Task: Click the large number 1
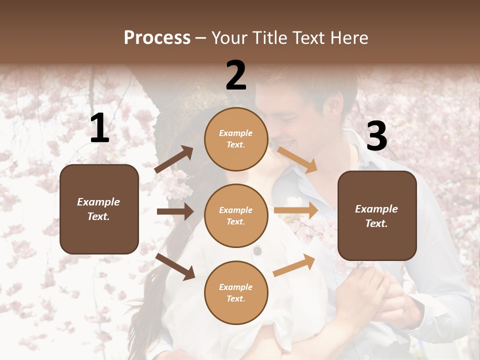(x=99, y=128)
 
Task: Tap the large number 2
(x=236, y=75)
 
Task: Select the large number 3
(x=376, y=136)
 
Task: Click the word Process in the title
(x=157, y=37)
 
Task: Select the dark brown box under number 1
(x=99, y=209)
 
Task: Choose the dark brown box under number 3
(x=377, y=215)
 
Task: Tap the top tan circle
(x=236, y=139)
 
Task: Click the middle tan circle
(x=236, y=215)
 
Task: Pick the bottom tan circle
(x=236, y=292)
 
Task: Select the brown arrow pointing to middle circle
(x=175, y=211)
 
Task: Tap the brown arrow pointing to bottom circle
(x=175, y=266)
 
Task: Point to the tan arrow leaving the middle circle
(x=296, y=210)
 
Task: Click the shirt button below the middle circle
(x=257, y=250)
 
